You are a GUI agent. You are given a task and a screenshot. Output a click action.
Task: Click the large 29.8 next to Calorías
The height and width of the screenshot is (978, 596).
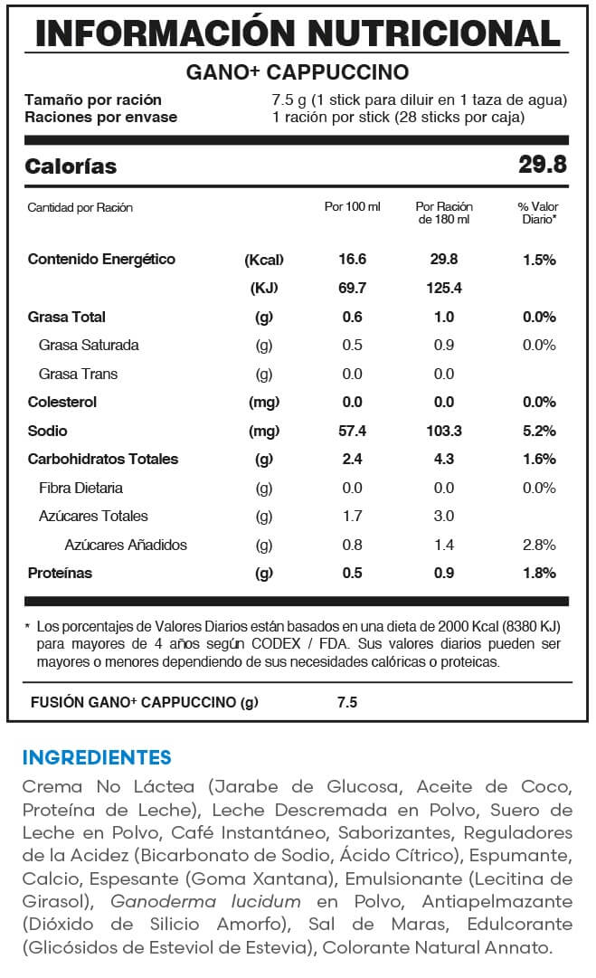(543, 166)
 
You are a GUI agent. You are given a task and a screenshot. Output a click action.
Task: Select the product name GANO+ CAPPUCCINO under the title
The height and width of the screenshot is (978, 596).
(298, 72)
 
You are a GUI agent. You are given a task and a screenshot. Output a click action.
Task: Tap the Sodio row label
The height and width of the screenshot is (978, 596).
(48, 431)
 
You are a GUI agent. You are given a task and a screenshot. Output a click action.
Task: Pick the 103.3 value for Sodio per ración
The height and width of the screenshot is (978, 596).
(444, 431)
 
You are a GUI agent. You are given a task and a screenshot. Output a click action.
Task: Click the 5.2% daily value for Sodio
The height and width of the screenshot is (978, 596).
(539, 431)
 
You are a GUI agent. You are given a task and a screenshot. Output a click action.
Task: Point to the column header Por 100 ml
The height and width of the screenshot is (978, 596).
(352, 207)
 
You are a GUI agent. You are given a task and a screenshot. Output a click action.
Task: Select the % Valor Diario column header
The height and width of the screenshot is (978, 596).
(538, 213)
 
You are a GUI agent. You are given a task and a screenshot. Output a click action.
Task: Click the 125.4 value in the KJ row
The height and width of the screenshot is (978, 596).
(444, 289)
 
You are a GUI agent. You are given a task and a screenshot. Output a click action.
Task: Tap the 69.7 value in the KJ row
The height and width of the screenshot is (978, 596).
(352, 289)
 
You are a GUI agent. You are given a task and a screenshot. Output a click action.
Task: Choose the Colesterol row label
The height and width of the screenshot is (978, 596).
(62, 402)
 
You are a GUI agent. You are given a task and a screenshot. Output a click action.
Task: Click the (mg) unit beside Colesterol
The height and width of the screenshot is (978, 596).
(264, 402)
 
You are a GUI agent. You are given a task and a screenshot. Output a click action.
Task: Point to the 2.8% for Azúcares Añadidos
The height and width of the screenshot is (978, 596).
(539, 545)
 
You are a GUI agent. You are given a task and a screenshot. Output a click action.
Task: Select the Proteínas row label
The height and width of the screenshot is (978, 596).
(61, 573)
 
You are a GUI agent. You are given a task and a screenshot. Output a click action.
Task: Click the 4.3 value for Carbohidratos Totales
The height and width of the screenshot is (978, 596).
(444, 459)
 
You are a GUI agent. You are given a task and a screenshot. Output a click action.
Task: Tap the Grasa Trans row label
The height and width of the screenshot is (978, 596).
(78, 374)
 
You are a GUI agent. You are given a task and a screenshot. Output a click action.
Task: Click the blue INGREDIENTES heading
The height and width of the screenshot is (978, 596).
(97, 756)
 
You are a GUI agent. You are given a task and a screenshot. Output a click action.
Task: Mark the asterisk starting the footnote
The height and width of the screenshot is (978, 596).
(28, 626)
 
